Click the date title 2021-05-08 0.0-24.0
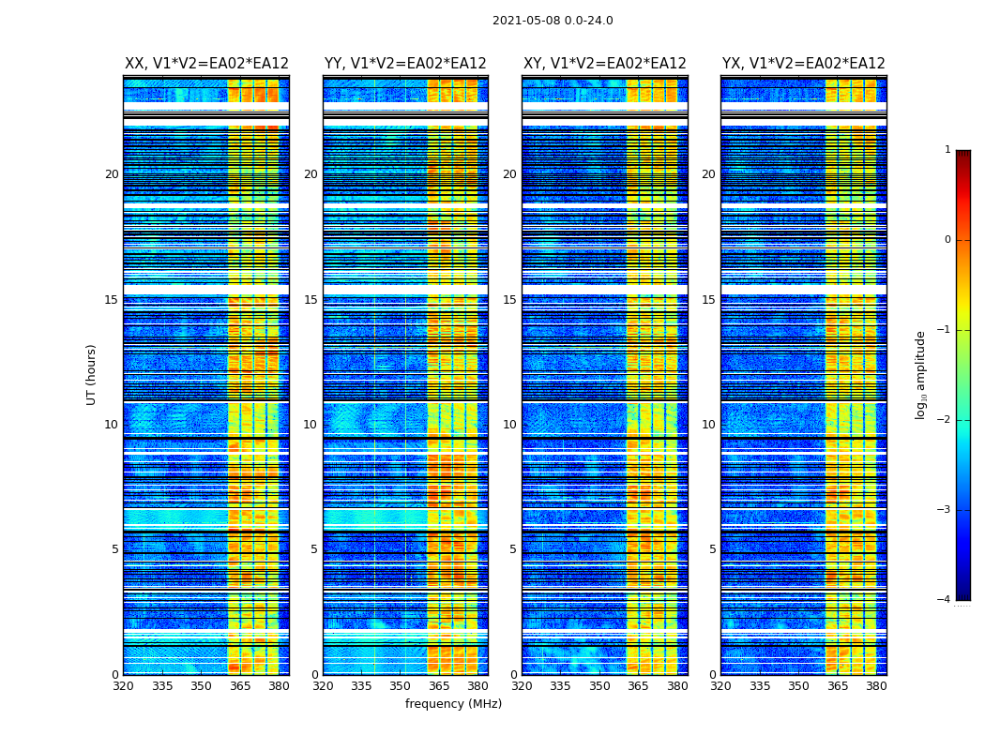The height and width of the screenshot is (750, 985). click(553, 21)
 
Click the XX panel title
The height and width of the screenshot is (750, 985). click(206, 64)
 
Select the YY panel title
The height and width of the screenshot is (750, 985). click(405, 64)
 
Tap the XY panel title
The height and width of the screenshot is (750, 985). click(604, 64)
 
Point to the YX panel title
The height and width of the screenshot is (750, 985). click(803, 64)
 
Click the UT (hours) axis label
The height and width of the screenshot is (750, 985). click(92, 374)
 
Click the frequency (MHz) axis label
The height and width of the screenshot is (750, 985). click(453, 704)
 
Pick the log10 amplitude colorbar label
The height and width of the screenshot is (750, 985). click(921, 374)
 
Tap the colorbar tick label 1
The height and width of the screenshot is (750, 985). click(947, 150)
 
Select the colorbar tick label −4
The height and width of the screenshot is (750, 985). click(945, 600)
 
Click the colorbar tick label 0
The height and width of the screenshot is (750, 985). click(947, 240)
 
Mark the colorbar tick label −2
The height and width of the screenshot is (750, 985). click(945, 420)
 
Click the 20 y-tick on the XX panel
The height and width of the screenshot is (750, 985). click(112, 174)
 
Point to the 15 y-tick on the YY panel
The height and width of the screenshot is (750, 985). click(311, 300)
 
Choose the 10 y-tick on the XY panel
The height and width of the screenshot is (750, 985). click(509, 425)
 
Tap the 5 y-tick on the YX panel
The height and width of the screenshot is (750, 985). click(712, 549)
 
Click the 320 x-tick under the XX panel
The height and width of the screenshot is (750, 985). click(123, 686)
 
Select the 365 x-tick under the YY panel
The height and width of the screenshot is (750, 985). click(439, 686)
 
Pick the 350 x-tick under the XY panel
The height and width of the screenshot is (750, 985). click(599, 686)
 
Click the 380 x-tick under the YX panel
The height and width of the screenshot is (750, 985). click(876, 686)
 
